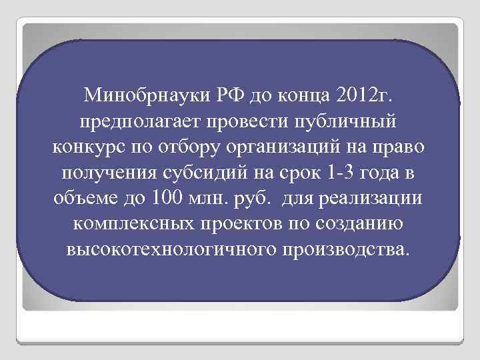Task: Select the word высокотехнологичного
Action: [x=171, y=251]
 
